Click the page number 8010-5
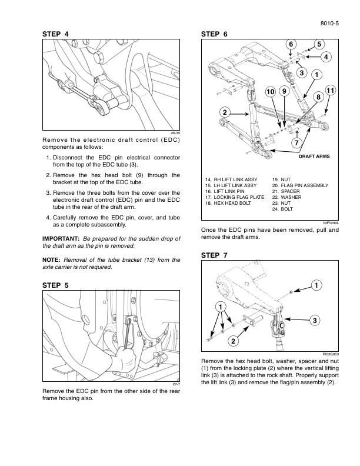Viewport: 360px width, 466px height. tap(330, 24)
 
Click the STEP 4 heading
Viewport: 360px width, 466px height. tap(56, 35)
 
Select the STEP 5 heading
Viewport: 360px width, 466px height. tap(56, 285)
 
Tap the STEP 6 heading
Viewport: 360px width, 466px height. tap(215, 35)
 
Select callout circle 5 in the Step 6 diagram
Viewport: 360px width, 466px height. tap(319, 44)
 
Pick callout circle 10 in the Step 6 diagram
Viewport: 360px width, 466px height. tap(271, 92)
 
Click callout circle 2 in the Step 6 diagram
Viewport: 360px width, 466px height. tap(225, 112)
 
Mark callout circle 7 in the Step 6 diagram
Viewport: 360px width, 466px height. tap(297, 142)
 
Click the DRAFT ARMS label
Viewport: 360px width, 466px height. tap(315, 157)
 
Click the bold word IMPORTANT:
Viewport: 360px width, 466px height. tap(61, 238)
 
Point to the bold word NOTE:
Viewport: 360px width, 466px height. tap(52, 259)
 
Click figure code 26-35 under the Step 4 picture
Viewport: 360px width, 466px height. tap(175, 134)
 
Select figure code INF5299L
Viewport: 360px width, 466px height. tap(331, 222)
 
